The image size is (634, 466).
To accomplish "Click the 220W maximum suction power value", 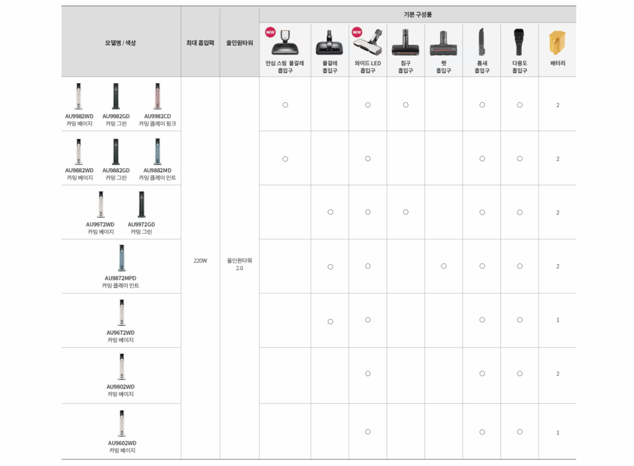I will (200, 261).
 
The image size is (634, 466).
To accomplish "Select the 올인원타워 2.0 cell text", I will (240, 264).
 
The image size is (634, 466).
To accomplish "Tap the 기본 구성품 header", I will (417, 14).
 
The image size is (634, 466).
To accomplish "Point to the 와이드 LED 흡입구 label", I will (368, 67).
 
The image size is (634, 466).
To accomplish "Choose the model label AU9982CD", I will (157, 116).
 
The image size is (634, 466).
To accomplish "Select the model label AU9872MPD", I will (120, 278).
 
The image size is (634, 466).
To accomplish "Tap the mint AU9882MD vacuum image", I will (157, 151).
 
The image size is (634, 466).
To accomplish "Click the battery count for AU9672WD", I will (558, 320).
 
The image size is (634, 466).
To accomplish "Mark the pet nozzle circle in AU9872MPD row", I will (443, 266).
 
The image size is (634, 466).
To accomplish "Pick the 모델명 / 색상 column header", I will (120, 43).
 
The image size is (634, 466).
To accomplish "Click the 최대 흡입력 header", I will (200, 43).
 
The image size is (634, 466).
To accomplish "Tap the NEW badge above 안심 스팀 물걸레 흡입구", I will (270, 32).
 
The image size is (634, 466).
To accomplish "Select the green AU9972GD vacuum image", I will (141, 204).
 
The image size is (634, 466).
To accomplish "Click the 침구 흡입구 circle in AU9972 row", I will (406, 212).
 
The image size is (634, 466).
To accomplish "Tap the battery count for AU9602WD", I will (558, 433).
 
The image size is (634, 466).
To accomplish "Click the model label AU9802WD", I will (120, 387).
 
